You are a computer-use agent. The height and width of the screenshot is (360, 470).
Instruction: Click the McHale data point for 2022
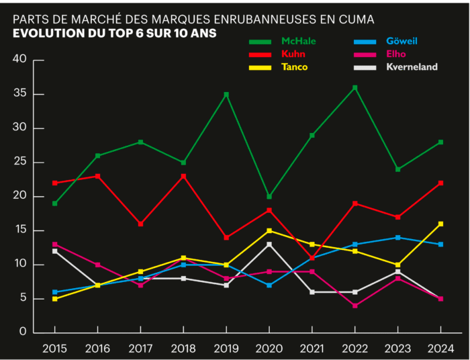click(x=355, y=87)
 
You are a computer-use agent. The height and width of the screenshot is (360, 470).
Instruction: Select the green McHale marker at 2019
click(x=226, y=95)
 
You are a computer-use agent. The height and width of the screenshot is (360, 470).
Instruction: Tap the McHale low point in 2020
click(x=269, y=197)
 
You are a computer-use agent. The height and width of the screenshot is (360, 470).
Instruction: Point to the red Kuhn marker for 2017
click(x=140, y=224)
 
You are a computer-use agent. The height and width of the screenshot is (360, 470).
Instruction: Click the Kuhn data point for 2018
click(x=183, y=176)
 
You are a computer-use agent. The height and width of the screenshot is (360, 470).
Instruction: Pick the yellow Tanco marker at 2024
click(x=441, y=224)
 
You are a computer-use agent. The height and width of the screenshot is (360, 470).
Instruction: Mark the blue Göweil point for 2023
click(x=398, y=238)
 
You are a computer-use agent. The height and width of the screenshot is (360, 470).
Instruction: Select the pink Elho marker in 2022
click(x=355, y=306)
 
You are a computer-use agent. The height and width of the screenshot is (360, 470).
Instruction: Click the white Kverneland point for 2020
click(x=269, y=244)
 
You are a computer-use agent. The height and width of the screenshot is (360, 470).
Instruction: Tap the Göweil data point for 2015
click(x=54, y=292)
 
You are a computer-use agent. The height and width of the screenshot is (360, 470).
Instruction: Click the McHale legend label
click(x=298, y=42)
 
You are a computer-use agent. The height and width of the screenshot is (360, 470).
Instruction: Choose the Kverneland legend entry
click(x=412, y=66)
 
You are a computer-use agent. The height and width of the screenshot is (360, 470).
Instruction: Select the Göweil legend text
click(x=402, y=42)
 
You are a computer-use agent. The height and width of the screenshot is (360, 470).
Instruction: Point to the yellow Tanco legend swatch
click(x=259, y=66)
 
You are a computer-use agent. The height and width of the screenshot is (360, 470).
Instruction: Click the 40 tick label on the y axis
click(x=19, y=60)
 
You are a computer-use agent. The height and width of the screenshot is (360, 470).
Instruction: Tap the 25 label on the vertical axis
click(x=19, y=162)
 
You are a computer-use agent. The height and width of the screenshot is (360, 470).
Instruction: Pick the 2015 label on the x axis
click(x=54, y=347)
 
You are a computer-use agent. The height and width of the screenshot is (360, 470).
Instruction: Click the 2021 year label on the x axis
click(x=312, y=347)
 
